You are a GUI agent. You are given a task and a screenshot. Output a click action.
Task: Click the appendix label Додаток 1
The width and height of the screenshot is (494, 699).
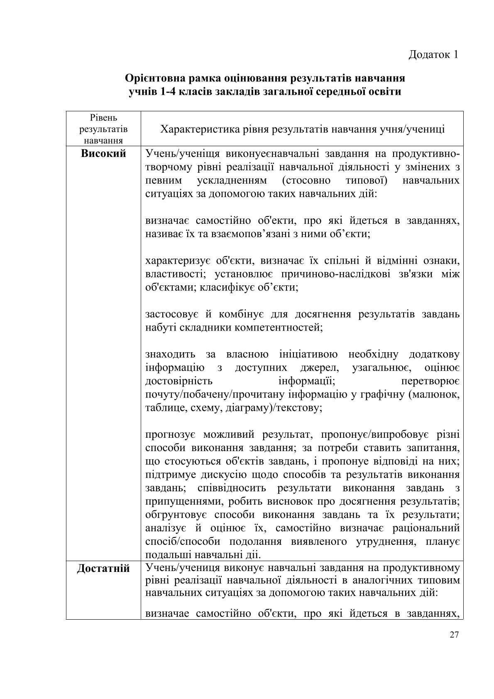click(433, 55)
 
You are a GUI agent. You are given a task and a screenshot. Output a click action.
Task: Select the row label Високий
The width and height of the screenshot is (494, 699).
click(103, 154)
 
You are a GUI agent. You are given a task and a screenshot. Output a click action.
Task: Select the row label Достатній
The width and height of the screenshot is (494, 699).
click(103, 568)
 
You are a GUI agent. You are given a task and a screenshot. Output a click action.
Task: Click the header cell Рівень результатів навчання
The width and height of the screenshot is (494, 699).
click(103, 129)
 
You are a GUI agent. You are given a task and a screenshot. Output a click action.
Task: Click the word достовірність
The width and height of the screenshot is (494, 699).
click(179, 381)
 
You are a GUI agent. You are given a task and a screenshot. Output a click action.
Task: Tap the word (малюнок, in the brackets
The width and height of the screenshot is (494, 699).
click(434, 394)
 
